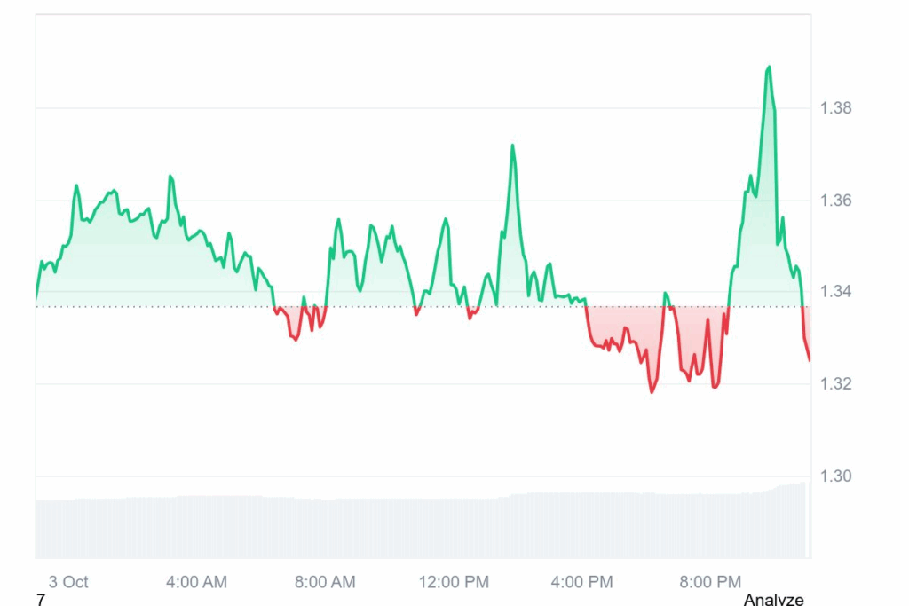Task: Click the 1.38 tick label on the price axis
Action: (834, 108)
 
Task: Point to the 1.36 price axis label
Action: (834, 201)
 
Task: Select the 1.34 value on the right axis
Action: (834, 292)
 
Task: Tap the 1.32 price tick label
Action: (834, 384)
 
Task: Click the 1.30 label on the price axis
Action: (834, 476)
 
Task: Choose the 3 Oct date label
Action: (68, 582)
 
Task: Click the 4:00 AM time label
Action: (196, 582)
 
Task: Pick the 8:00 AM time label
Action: (325, 582)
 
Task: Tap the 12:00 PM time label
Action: (454, 582)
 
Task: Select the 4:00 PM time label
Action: (581, 582)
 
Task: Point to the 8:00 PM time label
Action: (710, 582)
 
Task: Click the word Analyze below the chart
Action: (773, 600)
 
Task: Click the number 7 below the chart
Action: (41, 600)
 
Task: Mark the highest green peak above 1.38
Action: (769, 67)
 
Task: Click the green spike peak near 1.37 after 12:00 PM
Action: (512, 145)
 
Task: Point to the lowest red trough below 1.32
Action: (652, 391)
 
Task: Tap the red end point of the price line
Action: (809, 360)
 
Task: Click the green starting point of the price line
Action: (36, 296)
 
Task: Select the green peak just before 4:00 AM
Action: (170, 176)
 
